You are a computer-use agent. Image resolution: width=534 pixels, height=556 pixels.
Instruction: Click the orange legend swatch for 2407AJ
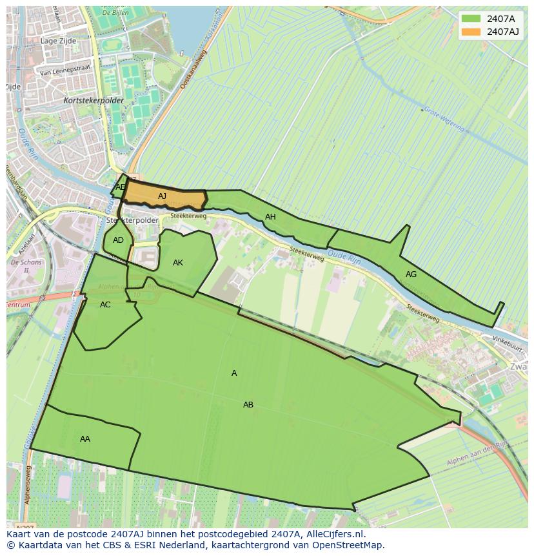(x=471, y=32)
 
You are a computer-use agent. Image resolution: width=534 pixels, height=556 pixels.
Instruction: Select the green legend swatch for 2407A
(x=471, y=18)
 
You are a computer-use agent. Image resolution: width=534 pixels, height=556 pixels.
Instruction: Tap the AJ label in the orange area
(x=162, y=196)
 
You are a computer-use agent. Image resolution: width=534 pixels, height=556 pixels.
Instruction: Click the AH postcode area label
(x=270, y=217)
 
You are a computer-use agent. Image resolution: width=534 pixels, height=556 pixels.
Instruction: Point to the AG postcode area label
(x=411, y=274)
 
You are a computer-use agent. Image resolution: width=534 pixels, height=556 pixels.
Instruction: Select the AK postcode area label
(x=178, y=263)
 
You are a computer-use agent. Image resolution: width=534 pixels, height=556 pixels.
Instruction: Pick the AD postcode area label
(x=118, y=240)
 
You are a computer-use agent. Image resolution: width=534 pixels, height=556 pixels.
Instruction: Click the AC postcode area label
(x=105, y=305)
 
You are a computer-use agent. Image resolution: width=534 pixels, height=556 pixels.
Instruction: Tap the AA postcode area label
(x=85, y=439)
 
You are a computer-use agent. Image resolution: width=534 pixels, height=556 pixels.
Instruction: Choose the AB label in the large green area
(x=248, y=405)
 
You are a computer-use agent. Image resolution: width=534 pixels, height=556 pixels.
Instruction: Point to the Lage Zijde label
(x=58, y=41)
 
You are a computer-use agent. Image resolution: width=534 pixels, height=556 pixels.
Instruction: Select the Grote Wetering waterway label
(x=443, y=119)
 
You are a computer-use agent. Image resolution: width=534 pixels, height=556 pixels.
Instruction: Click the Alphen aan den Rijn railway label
(x=477, y=455)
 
